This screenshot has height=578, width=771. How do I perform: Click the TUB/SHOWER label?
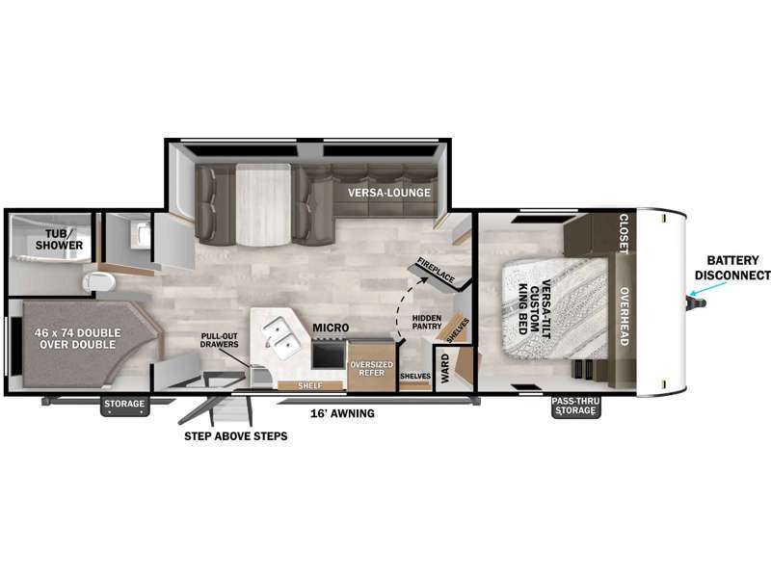59,239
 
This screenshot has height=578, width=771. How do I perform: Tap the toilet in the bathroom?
99,281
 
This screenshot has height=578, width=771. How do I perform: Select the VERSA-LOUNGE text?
389,193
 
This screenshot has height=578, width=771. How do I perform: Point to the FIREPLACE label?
436,270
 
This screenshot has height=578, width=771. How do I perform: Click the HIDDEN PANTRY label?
427,322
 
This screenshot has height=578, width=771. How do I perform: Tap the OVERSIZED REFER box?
371,368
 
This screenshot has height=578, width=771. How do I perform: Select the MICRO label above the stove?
331,328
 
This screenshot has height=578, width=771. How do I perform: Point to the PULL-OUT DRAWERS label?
220,340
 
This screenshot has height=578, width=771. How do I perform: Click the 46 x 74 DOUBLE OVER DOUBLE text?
78,339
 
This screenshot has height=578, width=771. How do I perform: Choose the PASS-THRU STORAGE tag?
575,406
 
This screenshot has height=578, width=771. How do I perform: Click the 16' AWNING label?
342,413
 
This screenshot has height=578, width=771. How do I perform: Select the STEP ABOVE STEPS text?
235,436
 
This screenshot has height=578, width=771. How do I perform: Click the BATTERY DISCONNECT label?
732,268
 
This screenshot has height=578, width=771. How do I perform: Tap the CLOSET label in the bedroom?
624,233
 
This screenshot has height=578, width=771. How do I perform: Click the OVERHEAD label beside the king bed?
624,317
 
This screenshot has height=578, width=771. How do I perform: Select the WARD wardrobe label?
444,369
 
